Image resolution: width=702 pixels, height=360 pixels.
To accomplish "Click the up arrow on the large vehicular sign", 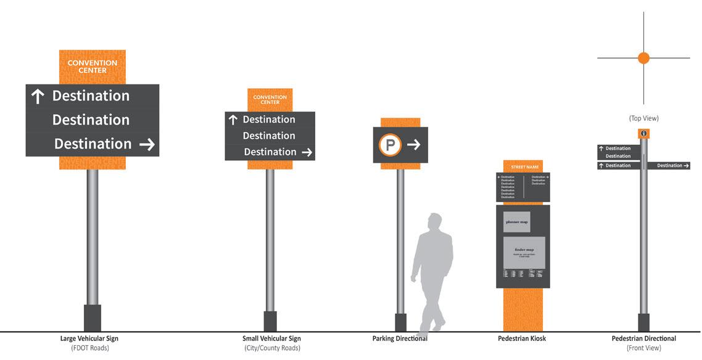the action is click(x=38, y=96).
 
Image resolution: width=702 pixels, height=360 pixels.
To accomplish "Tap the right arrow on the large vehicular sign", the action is click(x=147, y=144).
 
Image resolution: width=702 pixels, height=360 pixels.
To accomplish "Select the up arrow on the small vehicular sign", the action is click(x=233, y=120).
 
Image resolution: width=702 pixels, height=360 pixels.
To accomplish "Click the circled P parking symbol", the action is click(x=390, y=145).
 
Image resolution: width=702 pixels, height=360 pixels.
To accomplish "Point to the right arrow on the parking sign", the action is click(x=414, y=145).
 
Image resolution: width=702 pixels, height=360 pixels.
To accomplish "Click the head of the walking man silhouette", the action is click(x=435, y=222).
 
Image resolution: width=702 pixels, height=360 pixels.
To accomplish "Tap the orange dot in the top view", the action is click(x=643, y=58).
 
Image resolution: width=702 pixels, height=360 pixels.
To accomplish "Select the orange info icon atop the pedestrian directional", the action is click(x=643, y=133).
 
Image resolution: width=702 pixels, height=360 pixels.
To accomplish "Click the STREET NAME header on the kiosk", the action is click(x=522, y=166).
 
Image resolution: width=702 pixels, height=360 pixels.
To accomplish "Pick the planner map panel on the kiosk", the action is click(x=516, y=222).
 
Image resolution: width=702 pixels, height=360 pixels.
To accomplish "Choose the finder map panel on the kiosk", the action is click(x=524, y=252).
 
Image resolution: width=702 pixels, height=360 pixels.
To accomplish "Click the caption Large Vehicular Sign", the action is click(x=89, y=338).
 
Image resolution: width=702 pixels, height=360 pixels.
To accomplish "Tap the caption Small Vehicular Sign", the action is click(x=271, y=338).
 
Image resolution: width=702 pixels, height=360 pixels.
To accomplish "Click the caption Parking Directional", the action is click(x=400, y=338).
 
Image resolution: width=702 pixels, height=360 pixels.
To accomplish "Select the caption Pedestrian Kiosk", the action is click(x=522, y=338).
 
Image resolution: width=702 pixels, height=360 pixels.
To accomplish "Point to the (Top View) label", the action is click(x=643, y=118).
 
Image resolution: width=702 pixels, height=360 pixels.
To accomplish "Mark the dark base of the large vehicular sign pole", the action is click(x=92, y=318).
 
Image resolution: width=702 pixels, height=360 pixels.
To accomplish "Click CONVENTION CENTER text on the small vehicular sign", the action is click(x=270, y=100).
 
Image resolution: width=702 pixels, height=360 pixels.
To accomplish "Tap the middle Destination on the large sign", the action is click(x=91, y=120).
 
